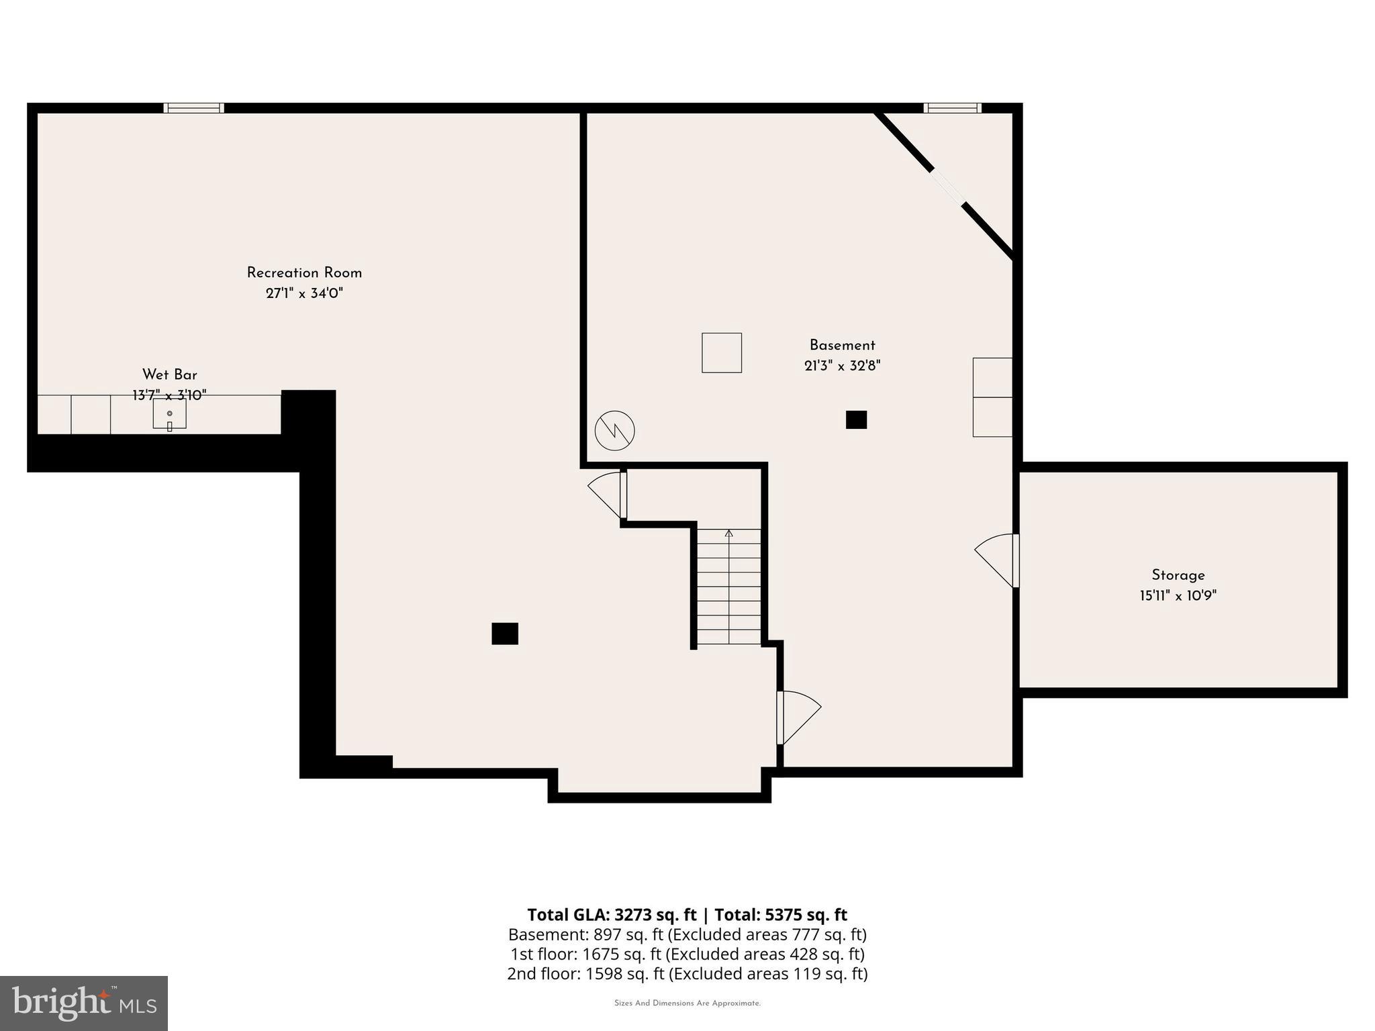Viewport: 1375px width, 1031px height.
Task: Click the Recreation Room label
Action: (304, 273)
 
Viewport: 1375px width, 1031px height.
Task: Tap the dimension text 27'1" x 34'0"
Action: (304, 293)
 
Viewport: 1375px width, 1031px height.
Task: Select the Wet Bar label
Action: (169, 375)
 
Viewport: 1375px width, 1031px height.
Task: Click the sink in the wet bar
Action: (169, 414)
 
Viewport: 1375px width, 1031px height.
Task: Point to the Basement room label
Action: (842, 345)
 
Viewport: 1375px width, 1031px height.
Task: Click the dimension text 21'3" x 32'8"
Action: (842, 366)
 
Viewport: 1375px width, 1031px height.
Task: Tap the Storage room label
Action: (1178, 575)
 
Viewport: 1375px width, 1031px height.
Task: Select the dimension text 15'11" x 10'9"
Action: (1178, 595)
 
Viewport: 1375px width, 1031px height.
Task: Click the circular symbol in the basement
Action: (614, 430)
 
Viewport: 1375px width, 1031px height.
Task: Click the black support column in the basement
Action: (856, 420)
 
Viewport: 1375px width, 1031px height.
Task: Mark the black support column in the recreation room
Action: (505, 634)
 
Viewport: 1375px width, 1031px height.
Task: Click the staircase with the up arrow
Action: (728, 587)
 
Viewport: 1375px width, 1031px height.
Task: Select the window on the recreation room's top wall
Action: (194, 107)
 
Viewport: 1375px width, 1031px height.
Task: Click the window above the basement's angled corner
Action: (952, 107)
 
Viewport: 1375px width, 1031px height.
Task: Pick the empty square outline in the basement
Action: (722, 352)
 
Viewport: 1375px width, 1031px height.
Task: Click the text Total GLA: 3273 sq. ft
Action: (612, 915)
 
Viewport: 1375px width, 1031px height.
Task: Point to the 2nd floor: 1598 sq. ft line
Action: (687, 973)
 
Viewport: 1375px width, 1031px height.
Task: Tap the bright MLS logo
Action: (84, 1003)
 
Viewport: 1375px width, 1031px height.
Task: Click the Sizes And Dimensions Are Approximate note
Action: (687, 1003)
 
